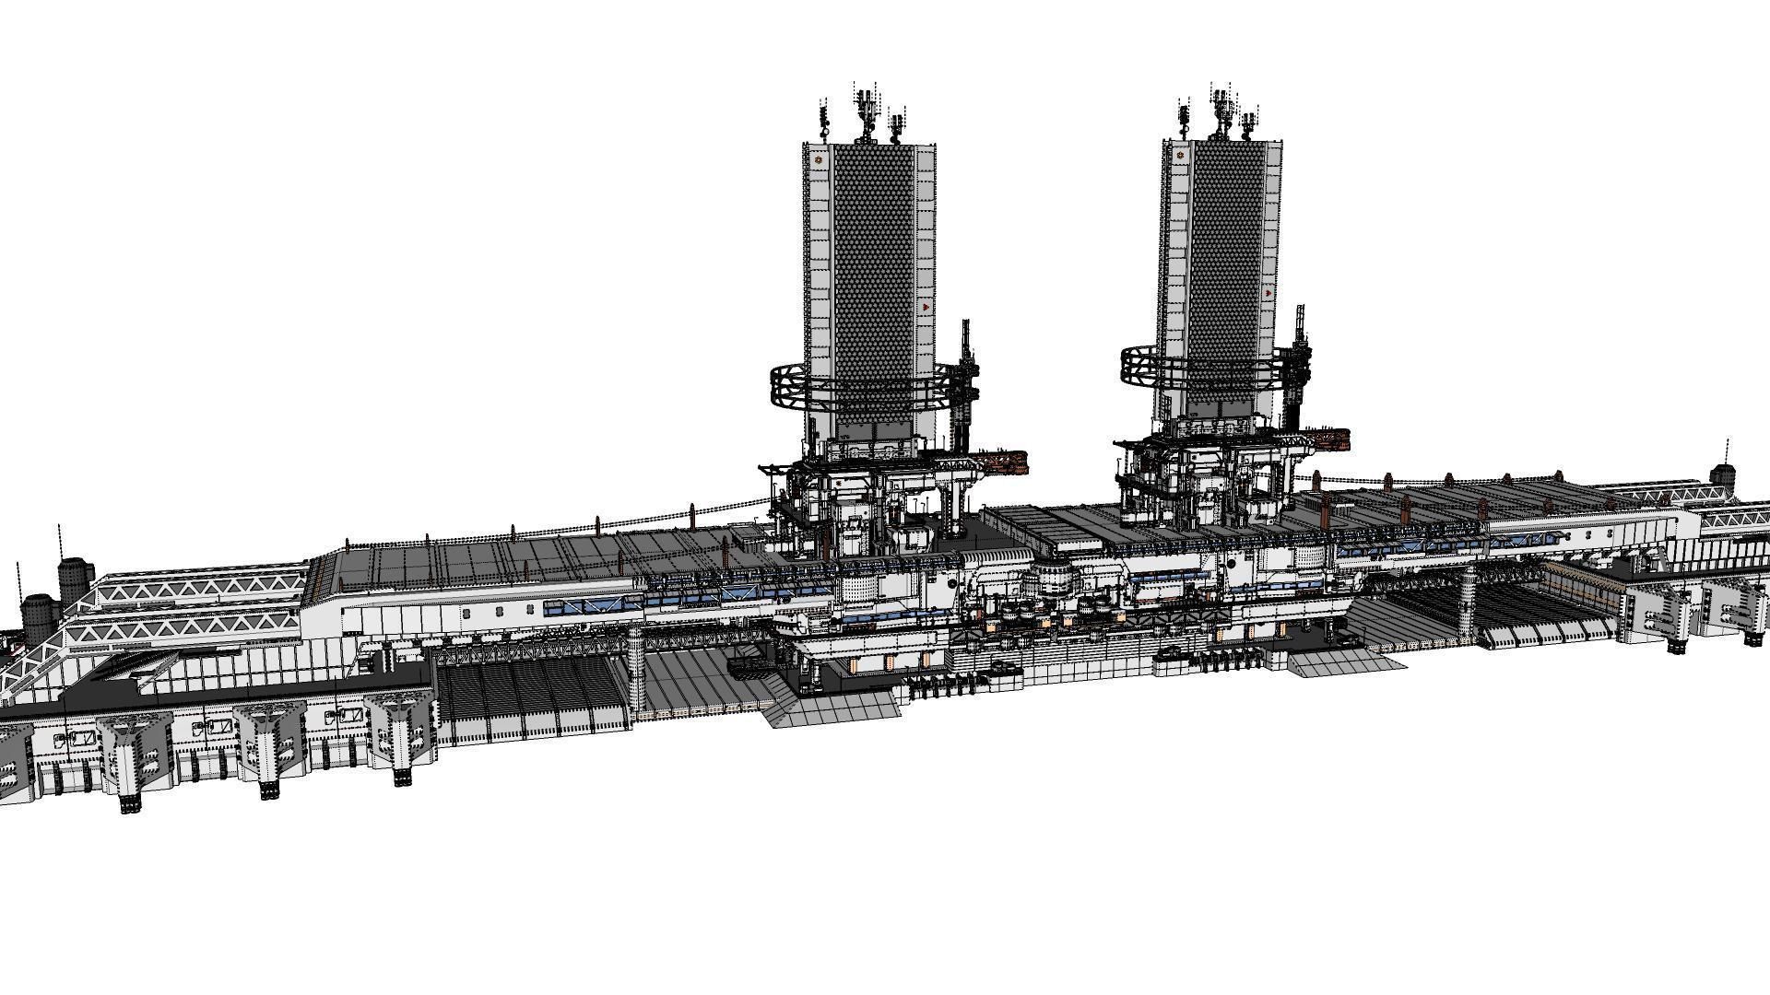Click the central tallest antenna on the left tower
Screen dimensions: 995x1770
865,111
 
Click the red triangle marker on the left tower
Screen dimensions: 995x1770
926,306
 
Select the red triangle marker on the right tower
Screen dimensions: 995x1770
1270,292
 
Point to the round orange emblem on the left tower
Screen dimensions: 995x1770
817,161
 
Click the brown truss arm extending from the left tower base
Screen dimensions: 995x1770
1000,460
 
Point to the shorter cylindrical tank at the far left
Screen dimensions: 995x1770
38,617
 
